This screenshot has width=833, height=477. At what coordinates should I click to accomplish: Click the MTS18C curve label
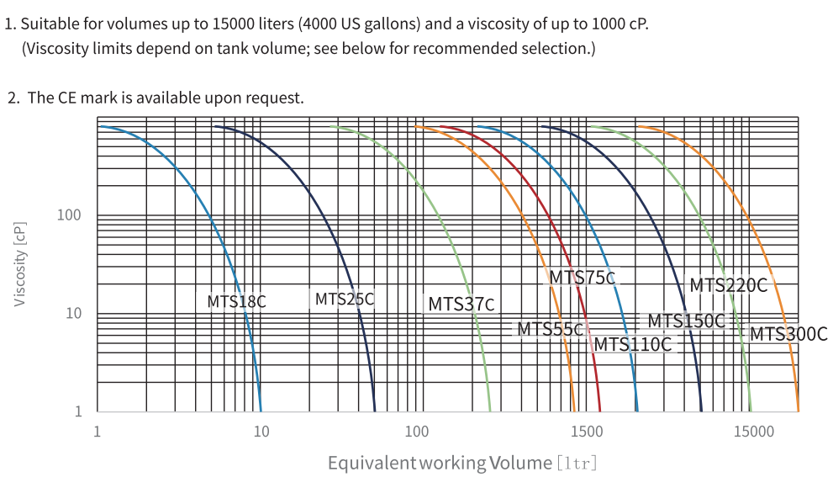[x=236, y=301]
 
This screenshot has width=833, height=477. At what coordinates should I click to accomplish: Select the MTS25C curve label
[x=344, y=299]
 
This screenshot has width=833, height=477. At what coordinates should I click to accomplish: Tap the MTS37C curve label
[x=461, y=304]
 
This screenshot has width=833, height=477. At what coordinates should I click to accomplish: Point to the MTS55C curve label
[x=550, y=329]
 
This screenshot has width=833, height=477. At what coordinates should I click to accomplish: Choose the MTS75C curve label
[x=582, y=278]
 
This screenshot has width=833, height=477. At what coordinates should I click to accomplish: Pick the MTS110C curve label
[x=633, y=344]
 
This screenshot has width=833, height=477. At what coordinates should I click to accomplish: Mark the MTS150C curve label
[x=686, y=321]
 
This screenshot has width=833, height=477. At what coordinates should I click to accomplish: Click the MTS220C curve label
[x=728, y=285]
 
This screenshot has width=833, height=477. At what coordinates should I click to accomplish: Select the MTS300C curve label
[x=788, y=334]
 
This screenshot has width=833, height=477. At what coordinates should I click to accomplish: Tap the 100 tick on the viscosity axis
[x=69, y=215]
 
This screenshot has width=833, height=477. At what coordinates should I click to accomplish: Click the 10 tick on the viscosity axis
[x=73, y=314]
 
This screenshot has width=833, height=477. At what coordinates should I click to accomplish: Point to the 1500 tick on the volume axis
[x=585, y=432]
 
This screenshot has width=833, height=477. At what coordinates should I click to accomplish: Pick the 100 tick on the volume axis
[x=417, y=432]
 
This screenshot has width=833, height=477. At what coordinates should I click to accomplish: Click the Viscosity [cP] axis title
[x=20, y=263]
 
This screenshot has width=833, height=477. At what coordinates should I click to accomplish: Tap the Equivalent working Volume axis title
[x=461, y=463]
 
